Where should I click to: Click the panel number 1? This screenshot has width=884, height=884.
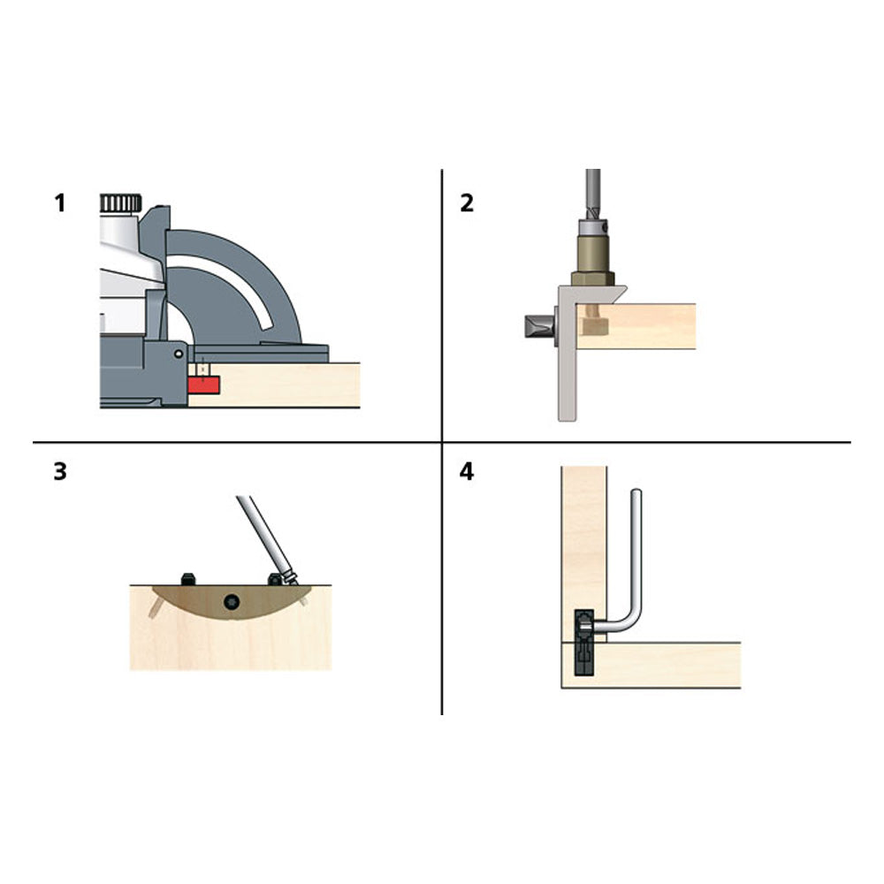[x=60, y=203]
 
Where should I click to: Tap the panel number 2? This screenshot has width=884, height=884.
[x=467, y=203]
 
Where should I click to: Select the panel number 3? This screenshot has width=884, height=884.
[x=60, y=471]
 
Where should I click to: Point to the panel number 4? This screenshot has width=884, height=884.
[x=467, y=471]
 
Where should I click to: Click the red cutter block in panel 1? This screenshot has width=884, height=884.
[x=203, y=385]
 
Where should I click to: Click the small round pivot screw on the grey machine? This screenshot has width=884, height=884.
[x=179, y=354]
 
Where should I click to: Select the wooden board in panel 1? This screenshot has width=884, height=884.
[x=274, y=385]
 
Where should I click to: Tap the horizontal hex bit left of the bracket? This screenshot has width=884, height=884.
[x=539, y=326]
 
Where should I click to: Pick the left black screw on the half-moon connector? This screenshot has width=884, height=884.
[x=188, y=579]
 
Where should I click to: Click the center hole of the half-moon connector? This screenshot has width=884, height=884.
[x=231, y=602]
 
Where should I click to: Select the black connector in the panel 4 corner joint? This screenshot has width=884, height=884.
[x=584, y=642]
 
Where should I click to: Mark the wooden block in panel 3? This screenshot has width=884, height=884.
[x=231, y=628]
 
